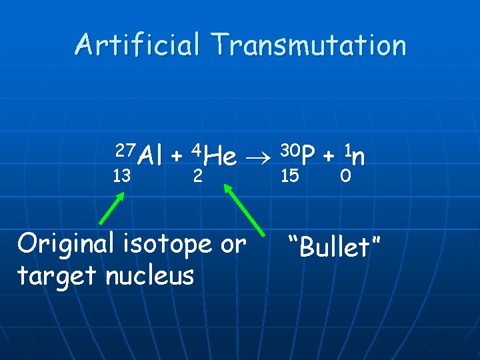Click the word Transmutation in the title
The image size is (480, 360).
click(x=308, y=45)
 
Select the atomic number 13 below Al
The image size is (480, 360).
click(x=121, y=177)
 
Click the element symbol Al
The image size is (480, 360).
click(x=151, y=157)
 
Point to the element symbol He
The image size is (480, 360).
click(x=221, y=157)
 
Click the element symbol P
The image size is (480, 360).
click(x=307, y=157)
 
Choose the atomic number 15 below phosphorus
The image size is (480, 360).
click(x=290, y=176)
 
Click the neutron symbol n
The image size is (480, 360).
click(x=358, y=157)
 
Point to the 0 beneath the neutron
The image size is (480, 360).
click(x=345, y=176)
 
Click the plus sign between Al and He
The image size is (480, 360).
click(x=177, y=157)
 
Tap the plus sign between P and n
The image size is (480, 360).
click(x=329, y=157)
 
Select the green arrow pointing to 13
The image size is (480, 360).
click(x=112, y=207)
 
